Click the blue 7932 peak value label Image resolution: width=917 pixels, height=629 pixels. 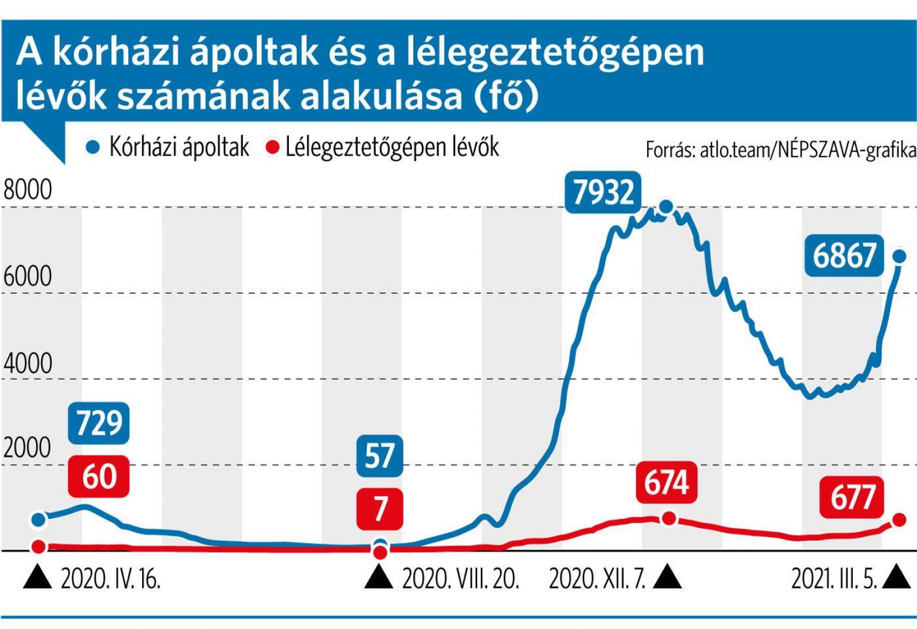pyautogui.click(x=603, y=192)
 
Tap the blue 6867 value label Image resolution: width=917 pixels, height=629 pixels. pyautogui.click(x=845, y=255)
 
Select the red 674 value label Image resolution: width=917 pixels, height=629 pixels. pyautogui.click(x=666, y=482)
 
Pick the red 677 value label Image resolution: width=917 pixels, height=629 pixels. pyautogui.click(x=853, y=497)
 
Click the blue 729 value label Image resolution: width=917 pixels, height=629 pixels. pyautogui.click(x=99, y=423)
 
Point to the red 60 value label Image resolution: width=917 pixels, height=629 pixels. pyautogui.click(x=99, y=476)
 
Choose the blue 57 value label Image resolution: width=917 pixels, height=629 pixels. pyautogui.click(x=379, y=455)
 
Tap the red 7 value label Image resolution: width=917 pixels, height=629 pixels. pyautogui.click(x=380, y=509)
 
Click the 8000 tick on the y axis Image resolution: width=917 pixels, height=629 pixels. pyautogui.click(x=28, y=190)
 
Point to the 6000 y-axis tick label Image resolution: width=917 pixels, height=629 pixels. pyautogui.click(x=28, y=276)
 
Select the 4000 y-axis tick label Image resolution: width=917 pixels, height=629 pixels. pyautogui.click(x=28, y=363)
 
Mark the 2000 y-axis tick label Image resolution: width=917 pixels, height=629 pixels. pyautogui.click(x=28, y=447)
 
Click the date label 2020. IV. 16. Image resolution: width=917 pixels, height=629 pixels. pyautogui.click(x=110, y=579)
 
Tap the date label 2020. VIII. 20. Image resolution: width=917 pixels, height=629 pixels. pyautogui.click(x=460, y=579)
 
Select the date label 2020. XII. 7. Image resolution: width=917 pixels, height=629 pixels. pyautogui.click(x=597, y=579)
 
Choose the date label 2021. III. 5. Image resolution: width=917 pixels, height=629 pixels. pyautogui.click(x=834, y=579)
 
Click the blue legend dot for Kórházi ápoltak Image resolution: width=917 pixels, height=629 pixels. pyautogui.click(x=93, y=148)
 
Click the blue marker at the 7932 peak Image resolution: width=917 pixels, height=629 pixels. pyautogui.click(x=666, y=207)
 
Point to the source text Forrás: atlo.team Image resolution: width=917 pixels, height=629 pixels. pyautogui.click(x=780, y=150)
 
